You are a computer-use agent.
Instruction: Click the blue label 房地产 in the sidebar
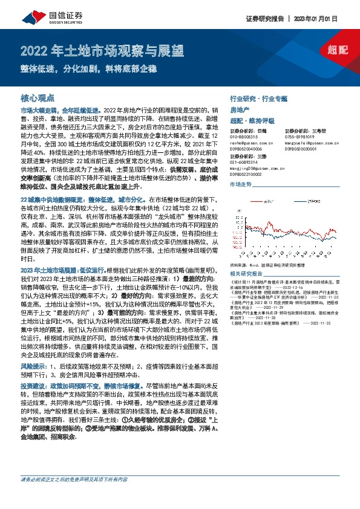pos(240,109)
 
